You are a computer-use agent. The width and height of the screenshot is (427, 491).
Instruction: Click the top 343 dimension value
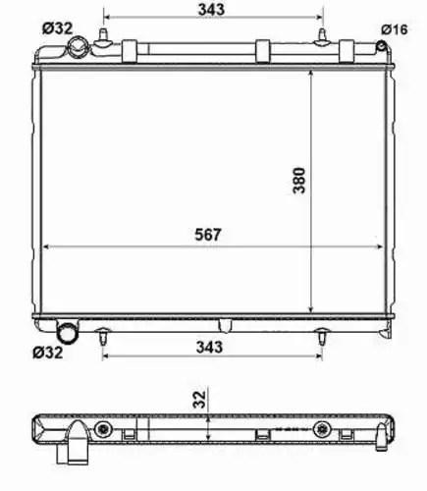[x=211, y=9]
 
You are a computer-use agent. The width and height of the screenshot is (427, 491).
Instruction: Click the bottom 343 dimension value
[x=209, y=347]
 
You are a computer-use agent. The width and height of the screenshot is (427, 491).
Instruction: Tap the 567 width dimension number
[x=208, y=235]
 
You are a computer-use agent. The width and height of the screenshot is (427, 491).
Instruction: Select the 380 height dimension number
[x=299, y=181]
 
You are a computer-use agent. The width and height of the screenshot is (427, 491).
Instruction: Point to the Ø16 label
[x=395, y=29]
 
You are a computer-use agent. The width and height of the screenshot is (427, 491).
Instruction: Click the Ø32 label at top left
[x=57, y=28]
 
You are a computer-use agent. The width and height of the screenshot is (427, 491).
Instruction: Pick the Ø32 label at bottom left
[x=47, y=353]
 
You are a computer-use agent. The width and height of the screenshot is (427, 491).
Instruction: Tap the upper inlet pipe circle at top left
[x=78, y=48]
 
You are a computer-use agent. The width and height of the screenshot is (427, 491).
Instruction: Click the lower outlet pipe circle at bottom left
[x=68, y=334]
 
